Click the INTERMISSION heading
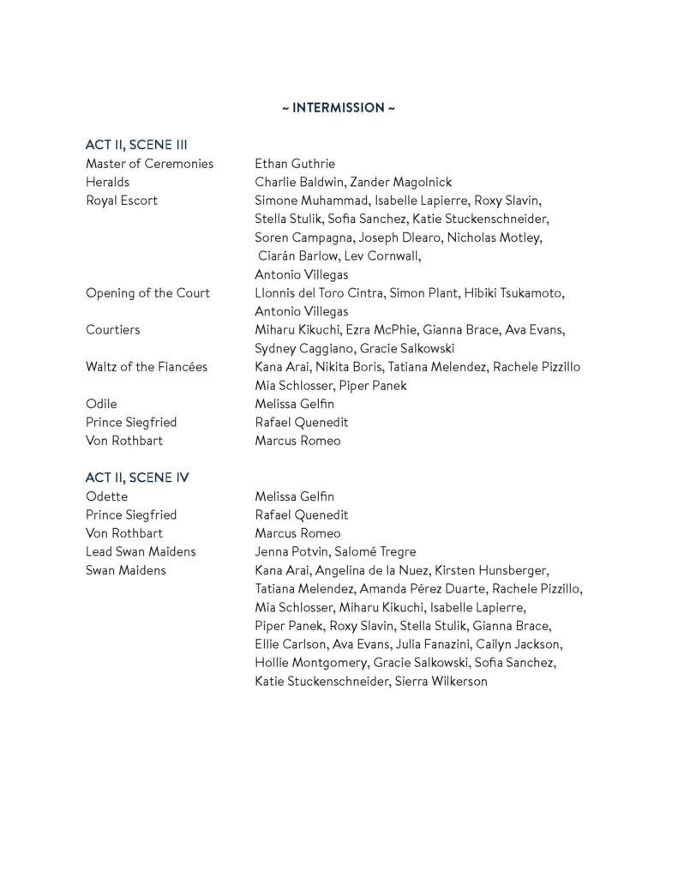[339, 108]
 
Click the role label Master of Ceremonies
[149, 164]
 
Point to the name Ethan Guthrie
[295, 164]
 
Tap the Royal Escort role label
[122, 201]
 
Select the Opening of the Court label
[147, 293]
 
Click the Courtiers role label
[112, 330]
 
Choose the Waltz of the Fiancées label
[146, 367]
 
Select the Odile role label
[101, 404]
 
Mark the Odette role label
[106, 496]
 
